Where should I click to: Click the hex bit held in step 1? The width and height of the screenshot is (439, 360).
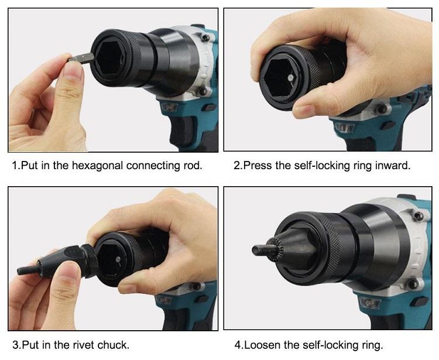click(81, 58)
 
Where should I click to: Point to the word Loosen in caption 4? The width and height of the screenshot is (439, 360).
click(262, 345)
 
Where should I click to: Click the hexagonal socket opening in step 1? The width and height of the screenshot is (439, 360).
click(111, 58)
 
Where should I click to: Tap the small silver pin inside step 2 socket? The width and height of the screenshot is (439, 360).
click(291, 77)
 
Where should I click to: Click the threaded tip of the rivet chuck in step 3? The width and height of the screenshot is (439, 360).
click(28, 270)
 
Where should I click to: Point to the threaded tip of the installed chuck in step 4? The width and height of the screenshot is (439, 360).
click(261, 249)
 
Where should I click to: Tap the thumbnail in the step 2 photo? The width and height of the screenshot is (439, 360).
click(304, 109)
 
